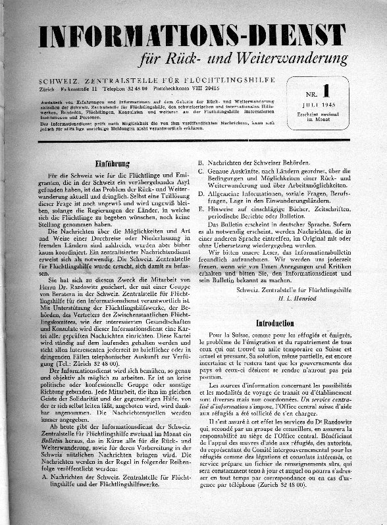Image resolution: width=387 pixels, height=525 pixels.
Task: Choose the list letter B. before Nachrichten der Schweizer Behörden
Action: pos(203,161)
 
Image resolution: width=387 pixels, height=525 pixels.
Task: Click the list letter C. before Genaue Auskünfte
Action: pos(203,171)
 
